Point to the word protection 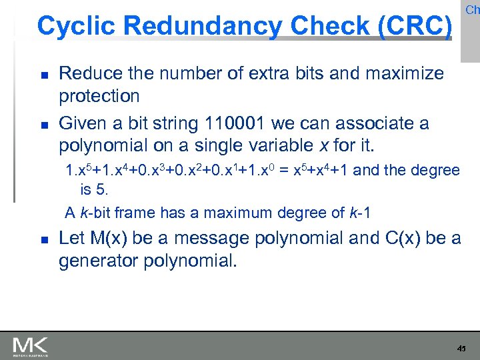click(x=99, y=96)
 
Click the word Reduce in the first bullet click(x=87, y=73)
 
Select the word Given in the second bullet click(x=79, y=123)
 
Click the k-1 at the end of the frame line click(x=360, y=213)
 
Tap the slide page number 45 click(x=461, y=348)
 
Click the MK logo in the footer click(x=29, y=347)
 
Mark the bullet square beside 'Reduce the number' click(x=43, y=74)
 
